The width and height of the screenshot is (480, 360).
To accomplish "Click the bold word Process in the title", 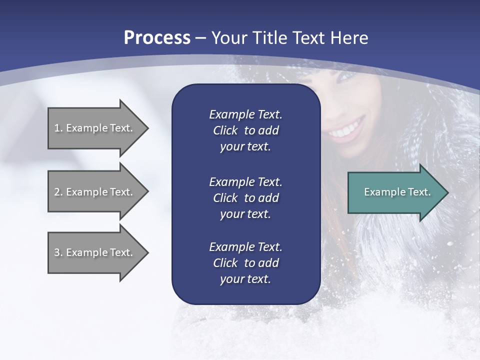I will pos(157,38).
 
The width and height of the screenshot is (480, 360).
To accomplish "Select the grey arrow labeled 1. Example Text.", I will pos(95,128).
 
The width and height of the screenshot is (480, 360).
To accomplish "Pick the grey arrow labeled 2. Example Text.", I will pos(95,192).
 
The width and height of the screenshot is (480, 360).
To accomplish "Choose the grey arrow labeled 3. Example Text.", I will pos(95,252).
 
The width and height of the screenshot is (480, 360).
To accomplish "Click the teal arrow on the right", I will pos(395,192).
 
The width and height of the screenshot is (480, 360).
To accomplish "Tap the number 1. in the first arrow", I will pos(58,128).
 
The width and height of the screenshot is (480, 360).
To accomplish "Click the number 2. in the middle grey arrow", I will pos(58,192).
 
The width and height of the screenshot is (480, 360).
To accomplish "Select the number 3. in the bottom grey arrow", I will pos(58,252).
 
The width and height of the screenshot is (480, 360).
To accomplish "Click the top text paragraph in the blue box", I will pos(245,130).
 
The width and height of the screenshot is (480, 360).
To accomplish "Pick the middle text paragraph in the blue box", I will pos(245,197).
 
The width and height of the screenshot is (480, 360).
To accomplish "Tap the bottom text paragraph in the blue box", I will pos(245,263).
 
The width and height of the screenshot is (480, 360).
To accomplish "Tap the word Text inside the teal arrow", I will pos(419,192).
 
